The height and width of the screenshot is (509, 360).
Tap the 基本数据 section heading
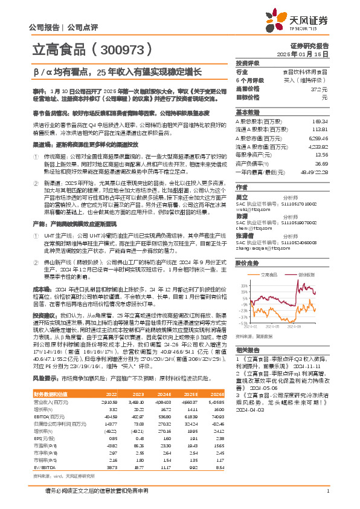point(247,113)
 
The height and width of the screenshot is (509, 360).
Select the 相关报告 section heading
point(247,350)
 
